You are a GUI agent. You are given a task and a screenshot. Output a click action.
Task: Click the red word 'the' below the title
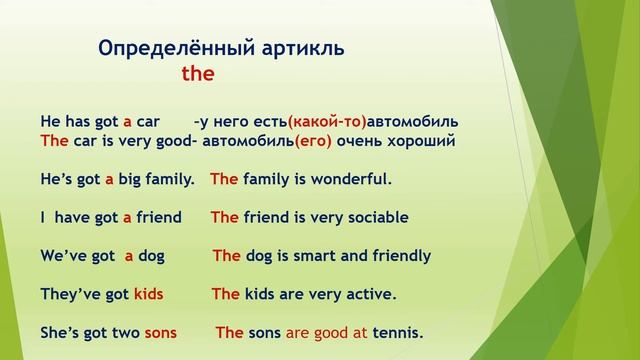198,74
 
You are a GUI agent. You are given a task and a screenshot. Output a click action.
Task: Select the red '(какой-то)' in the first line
327,122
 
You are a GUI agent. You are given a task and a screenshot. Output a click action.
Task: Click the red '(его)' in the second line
313,141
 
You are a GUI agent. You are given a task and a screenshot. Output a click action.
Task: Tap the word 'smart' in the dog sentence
312,255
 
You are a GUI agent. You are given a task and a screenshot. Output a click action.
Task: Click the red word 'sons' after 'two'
160,332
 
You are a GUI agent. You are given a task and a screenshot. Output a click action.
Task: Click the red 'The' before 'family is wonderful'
224,180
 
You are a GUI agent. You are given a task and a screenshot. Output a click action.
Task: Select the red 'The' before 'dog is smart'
227,255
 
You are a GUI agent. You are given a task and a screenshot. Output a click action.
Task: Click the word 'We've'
63,255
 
